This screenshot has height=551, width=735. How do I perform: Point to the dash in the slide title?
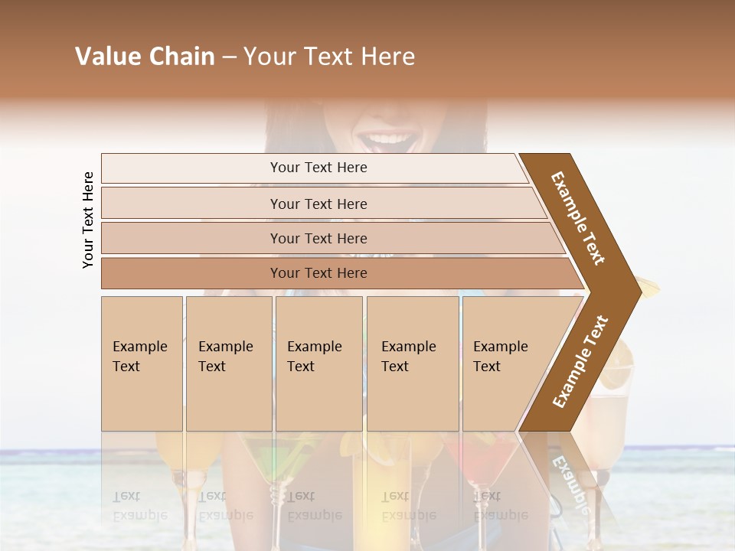point(229,57)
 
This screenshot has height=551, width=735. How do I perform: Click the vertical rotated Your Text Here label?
point(88,220)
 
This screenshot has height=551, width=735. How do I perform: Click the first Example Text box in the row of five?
point(142,363)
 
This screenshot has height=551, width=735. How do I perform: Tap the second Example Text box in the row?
point(228,363)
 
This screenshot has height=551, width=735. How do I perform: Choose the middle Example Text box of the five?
point(318,363)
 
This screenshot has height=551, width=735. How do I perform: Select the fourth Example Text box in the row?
point(412,363)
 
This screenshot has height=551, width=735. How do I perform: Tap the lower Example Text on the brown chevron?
point(580,361)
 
